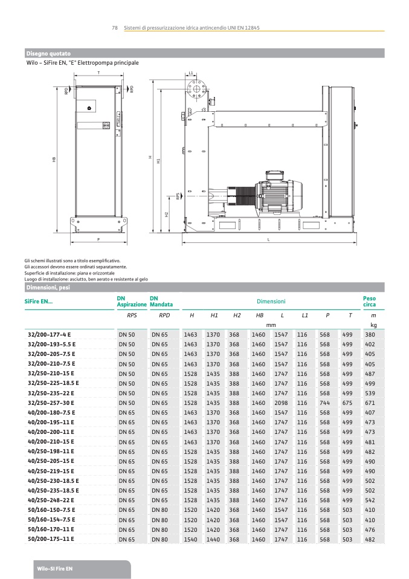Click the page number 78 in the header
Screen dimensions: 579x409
pyautogui.click(x=114, y=28)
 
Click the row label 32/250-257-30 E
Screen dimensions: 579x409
pyautogui.click(x=51, y=403)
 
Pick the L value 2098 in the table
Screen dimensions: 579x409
pyautogui.click(x=281, y=403)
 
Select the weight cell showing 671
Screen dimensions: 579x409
pyautogui.click(x=370, y=403)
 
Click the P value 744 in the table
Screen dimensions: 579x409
pyautogui.click(x=324, y=403)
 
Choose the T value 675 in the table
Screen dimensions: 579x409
pyautogui.click(x=347, y=403)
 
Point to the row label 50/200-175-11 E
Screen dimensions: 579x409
pyautogui.click(x=51, y=539)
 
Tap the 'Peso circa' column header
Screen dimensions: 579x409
pyautogui.click(x=369, y=301)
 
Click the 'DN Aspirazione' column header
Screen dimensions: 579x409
pyautogui.click(x=131, y=301)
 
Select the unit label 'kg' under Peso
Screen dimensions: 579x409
pyautogui.click(x=373, y=325)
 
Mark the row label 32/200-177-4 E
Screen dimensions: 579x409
pyautogui.click(x=50, y=334)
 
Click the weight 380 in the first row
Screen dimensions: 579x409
pyautogui.click(x=370, y=334)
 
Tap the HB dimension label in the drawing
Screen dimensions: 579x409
pyautogui.click(x=54, y=160)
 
